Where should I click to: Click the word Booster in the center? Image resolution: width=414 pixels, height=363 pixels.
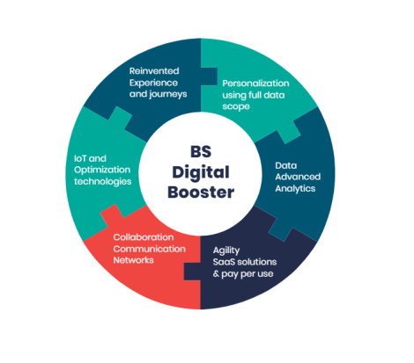point(201,192)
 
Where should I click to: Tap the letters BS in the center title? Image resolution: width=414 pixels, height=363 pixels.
point(201,151)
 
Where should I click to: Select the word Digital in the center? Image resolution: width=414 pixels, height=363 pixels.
point(201,172)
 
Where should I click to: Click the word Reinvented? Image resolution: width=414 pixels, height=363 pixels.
point(154,71)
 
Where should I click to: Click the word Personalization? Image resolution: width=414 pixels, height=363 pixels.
point(255,83)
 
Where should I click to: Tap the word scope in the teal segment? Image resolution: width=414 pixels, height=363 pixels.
point(236,106)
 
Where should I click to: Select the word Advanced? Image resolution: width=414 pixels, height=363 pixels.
point(298,177)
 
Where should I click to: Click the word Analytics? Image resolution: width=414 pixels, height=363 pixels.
point(295,188)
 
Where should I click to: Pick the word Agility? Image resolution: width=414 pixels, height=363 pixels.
point(226,250)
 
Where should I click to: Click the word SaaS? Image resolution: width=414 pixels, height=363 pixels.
point(225,262)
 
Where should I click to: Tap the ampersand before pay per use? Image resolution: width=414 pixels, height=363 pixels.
point(216,273)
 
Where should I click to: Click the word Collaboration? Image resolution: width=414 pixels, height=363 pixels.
point(144,237)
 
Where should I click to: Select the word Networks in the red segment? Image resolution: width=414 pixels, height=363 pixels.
point(133,260)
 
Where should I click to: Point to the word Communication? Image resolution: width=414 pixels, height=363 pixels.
point(149,249)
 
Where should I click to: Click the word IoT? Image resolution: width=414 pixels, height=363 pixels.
point(80,158)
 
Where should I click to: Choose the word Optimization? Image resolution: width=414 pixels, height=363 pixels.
point(102,170)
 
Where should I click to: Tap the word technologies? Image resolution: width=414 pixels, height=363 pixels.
point(103,182)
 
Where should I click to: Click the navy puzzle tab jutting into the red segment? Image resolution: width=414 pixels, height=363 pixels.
point(192,272)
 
